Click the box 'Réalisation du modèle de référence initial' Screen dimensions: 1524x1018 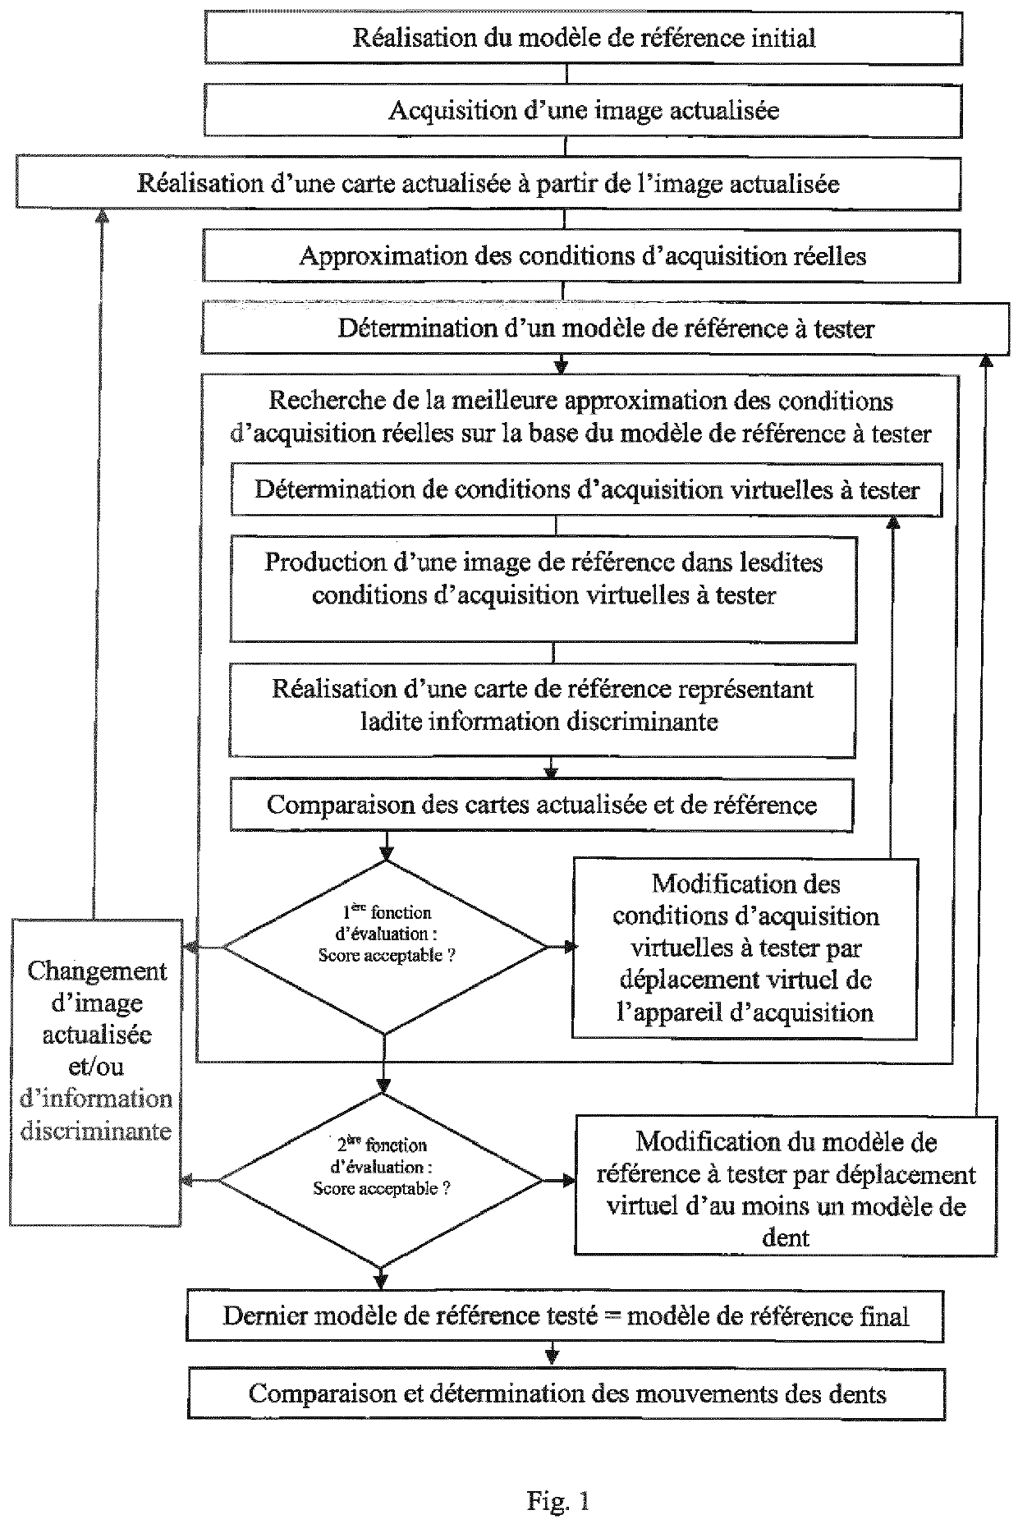coord(583,39)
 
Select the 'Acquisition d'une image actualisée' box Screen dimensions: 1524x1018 coord(583,111)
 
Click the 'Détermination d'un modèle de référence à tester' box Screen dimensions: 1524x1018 coord(606,329)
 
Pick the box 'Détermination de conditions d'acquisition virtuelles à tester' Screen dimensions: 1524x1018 coord(586,490)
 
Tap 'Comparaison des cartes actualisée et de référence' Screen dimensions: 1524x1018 coord(541,805)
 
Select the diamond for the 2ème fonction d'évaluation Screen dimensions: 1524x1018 coord(382,1179)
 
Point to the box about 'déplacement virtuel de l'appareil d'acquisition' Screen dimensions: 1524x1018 coord(745,948)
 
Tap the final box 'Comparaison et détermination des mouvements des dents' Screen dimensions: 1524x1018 coord(567,1394)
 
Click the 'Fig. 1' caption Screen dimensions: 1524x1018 coord(558,1478)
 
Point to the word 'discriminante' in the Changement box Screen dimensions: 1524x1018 coord(96,1131)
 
